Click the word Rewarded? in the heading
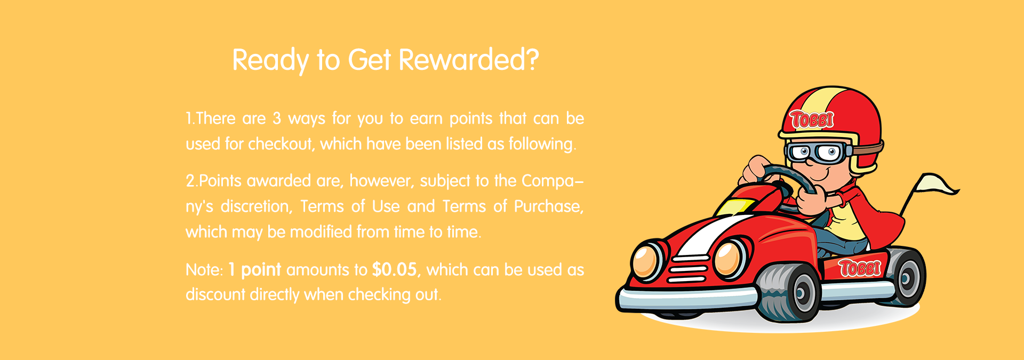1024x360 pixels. (469, 59)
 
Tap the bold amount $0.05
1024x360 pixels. (394, 269)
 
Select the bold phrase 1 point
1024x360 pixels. (254, 270)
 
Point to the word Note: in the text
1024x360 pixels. (204, 270)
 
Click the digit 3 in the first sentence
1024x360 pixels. (277, 118)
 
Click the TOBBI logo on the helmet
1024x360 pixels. (812, 119)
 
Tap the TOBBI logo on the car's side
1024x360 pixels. (860, 267)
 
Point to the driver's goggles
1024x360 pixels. (816, 153)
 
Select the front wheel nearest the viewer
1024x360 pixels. (789, 292)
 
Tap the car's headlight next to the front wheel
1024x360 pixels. (730, 259)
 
